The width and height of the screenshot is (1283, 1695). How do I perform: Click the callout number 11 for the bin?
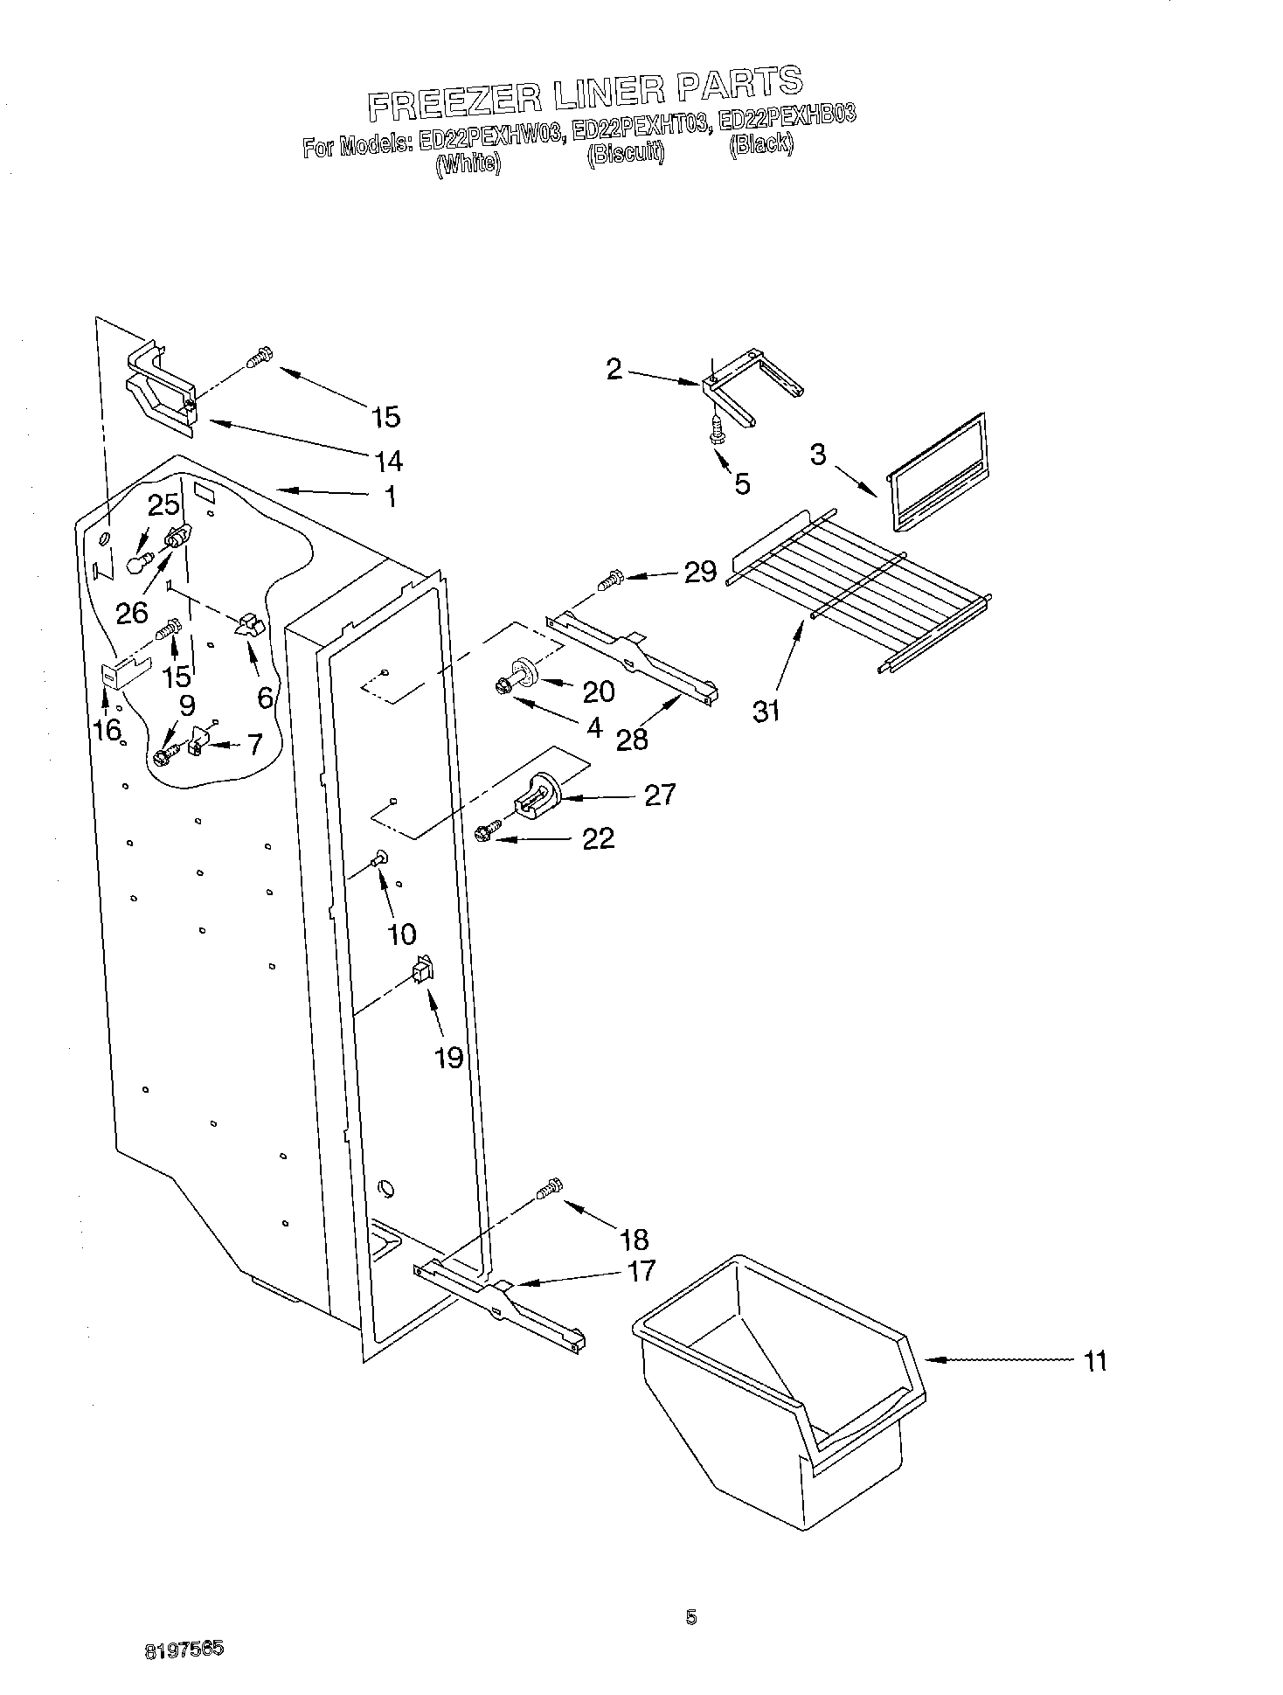pos(1094,1361)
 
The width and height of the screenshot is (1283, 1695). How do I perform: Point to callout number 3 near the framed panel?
pos(818,455)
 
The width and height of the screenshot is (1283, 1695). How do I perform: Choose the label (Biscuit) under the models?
pos(625,154)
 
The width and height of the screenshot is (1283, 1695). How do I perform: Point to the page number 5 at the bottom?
pos(691,1618)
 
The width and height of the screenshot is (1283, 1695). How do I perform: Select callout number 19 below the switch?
pos(448,1058)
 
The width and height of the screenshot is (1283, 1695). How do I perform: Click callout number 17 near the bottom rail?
pos(641,1270)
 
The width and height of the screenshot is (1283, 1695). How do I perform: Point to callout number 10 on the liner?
pos(401,934)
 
